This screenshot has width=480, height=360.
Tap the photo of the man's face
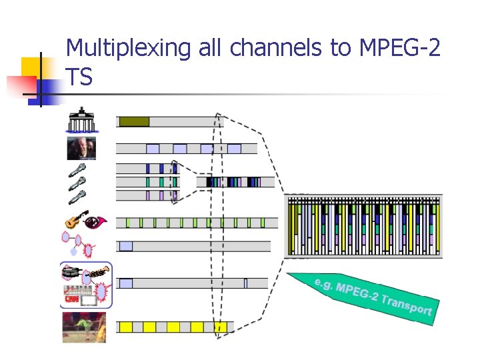click(81, 148)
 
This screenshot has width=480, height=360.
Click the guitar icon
click(73, 221)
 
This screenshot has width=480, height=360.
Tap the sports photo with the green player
click(83, 327)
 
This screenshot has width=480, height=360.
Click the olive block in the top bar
click(134, 121)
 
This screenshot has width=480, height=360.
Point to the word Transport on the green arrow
click(407, 305)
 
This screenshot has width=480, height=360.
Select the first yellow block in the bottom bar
click(125, 327)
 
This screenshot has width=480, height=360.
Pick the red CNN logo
click(71, 299)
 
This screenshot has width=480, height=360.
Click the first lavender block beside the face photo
click(153, 149)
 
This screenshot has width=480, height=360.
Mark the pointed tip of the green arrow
click(289, 274)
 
